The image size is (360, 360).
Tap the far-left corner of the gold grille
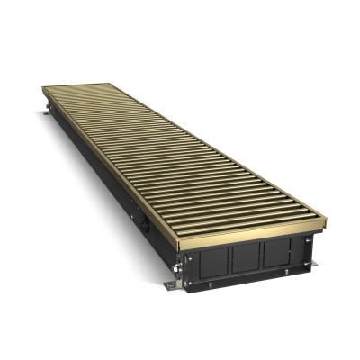pos(43,87)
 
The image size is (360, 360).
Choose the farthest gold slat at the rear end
pos(77,85)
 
